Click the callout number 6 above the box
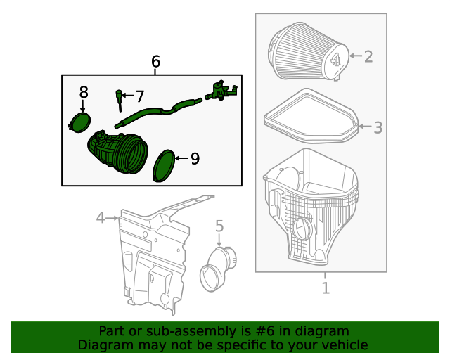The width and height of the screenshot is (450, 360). coord(155,62)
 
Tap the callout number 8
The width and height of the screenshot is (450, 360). coord(84,92)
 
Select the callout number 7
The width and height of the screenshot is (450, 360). coord(139,96)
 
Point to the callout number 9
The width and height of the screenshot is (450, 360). coord(195,159)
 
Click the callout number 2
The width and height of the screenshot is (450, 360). coord(368,56)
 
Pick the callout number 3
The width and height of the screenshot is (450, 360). coord(378,127)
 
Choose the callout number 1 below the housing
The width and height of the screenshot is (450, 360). coord(326,287)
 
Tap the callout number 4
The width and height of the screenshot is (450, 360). coord(101,218)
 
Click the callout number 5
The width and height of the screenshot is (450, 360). coord(219,226)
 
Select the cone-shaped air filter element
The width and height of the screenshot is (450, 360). coord(304,55)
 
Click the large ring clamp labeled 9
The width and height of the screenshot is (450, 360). coord(165,166)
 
